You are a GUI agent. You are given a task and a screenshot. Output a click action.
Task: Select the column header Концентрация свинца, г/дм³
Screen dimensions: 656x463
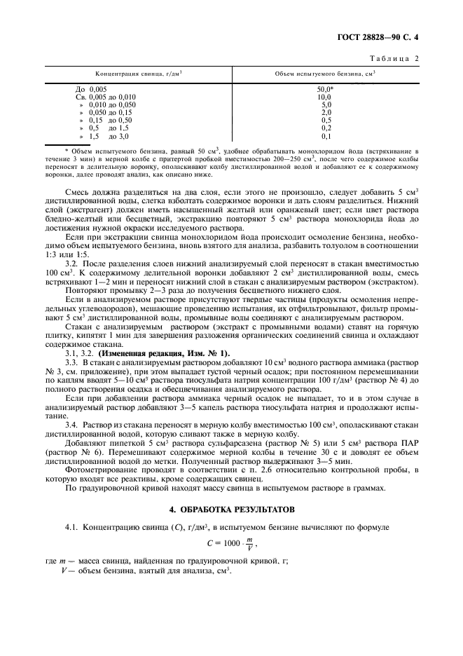coord(139,74)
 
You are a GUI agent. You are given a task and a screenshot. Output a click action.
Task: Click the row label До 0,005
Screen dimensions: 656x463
coord(90,90)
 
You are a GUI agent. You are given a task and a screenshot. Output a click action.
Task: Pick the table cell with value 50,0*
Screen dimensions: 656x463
coord(325,90)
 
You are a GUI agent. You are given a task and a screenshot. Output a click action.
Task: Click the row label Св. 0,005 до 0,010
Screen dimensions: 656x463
coord(105,97)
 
